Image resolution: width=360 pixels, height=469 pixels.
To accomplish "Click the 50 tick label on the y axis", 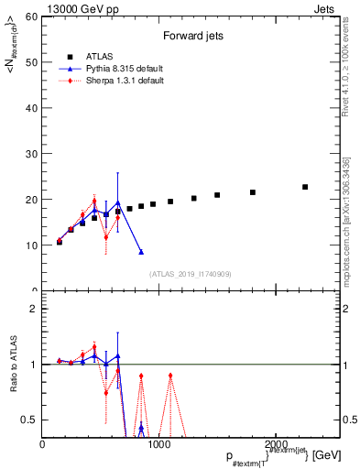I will pos(30,62).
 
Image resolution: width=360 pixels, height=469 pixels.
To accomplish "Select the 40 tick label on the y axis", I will pos(30,108).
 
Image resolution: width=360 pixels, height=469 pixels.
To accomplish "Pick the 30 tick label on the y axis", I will pos(30,154).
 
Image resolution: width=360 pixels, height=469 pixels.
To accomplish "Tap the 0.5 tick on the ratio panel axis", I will pos(28,420).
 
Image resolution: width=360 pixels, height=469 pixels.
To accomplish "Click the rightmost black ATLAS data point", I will pos(305,187).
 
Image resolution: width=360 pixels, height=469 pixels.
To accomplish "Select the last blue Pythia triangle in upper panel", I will pos(141,252).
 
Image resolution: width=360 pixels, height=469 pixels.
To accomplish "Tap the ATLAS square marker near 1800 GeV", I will pos(253,192).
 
